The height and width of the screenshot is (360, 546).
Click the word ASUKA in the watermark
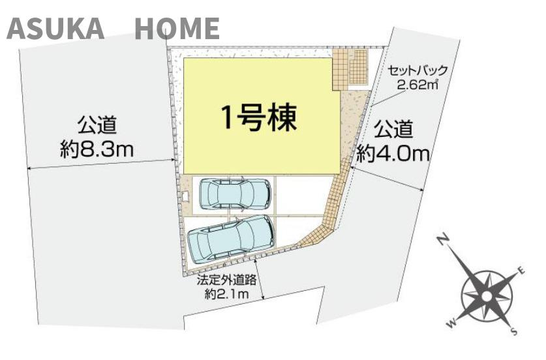(x=55, y=29)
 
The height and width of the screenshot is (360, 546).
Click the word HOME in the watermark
(x=177, y=29)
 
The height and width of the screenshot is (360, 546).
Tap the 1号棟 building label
(x=258, y=118)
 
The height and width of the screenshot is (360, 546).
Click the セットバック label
(x=417, y=70)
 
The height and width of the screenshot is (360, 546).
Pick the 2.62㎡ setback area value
(x=417, y=84)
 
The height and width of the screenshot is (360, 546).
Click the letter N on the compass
(x=442, y=241)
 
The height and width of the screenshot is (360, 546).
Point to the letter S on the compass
(x=514, y=331)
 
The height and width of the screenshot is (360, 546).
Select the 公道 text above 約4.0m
(x=393, y=128)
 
